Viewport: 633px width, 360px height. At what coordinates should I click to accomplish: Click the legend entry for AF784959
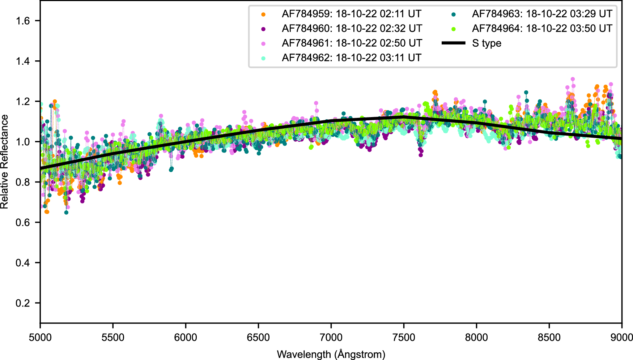click(351, 14)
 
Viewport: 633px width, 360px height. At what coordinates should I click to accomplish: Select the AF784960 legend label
click(352, 29)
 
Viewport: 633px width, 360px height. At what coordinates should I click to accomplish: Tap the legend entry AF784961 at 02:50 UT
click(352, 43)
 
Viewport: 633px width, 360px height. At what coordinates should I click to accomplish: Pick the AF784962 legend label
click(351, 58)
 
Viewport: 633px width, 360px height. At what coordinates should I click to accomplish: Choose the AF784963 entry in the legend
click(542, 14)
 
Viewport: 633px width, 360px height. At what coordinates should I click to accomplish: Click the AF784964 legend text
click(542, 29)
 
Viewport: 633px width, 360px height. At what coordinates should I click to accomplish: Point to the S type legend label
click(487, 43)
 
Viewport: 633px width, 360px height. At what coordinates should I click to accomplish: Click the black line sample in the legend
click(454, 43)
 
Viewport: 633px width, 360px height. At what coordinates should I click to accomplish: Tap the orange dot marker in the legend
click(263, 14)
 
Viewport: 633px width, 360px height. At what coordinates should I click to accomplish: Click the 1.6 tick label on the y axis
click(23, 21)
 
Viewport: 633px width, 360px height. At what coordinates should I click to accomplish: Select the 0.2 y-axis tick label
click(23, 303)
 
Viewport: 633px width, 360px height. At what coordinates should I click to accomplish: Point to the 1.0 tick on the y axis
click(23, 142)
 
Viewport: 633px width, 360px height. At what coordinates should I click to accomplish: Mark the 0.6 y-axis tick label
click(23, 223)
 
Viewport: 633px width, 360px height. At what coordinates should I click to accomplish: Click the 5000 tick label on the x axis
click(40, 338)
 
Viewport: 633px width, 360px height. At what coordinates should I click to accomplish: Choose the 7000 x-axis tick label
click(331, 338)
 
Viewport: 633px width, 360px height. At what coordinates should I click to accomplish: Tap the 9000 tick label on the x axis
click(621, 338)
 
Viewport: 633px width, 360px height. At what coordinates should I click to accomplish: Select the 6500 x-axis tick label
click(258, 338)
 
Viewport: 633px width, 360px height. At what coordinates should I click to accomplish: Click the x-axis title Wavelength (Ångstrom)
click(331, 354)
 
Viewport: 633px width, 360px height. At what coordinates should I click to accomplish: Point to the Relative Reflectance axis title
click(5, 162)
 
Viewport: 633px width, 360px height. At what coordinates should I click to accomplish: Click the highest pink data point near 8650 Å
click(573, 79)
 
